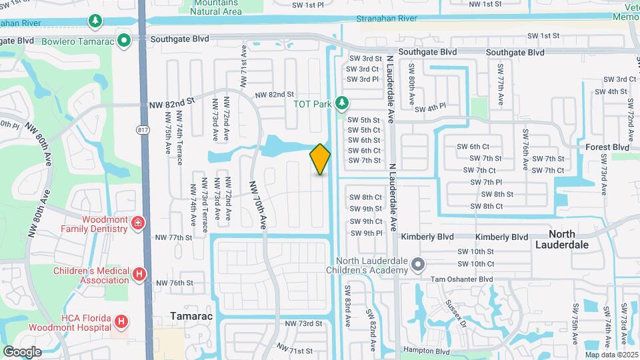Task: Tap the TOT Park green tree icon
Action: click(342, 103)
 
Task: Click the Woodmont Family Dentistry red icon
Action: click(137, 223)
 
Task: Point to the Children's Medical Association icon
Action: click(139, 273)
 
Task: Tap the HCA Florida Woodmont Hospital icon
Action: click(121, 322)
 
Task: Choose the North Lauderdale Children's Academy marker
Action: click(417, 265)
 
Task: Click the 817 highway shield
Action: click(142, 129)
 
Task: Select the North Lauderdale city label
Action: click(571, 239)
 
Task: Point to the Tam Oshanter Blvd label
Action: click(461, 279)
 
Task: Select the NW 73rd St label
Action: click(304, 323)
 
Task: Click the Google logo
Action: click(22, 351)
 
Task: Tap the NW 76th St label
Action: click(174, 283)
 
